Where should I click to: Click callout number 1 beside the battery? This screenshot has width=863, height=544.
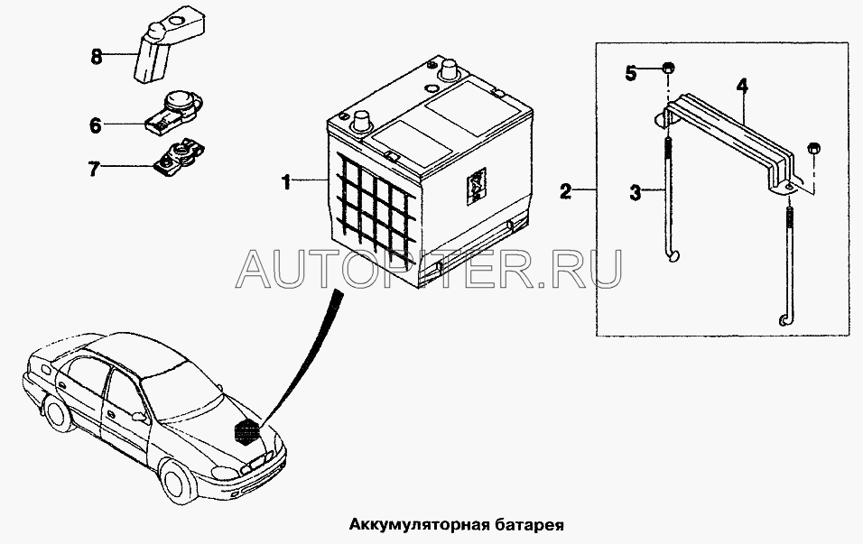click(286, 181)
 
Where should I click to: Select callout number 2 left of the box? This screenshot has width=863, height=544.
click(566, 191)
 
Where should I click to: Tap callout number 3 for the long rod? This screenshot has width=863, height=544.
click(636, 192)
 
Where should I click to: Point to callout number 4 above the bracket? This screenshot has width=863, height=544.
click(742, 86)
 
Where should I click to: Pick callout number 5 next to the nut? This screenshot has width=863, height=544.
click(631, 72)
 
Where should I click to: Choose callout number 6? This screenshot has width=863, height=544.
click(96, 125)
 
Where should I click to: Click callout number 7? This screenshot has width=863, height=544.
click(94, 169)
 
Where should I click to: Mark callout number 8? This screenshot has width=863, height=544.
click(97, 56)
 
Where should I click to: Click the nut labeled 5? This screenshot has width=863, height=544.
click(668, 69)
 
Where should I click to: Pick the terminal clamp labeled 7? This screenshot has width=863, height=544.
click(178, 155)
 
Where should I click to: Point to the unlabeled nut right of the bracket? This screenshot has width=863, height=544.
click(813, 149)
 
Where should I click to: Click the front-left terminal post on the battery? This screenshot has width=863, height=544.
click(361, 121)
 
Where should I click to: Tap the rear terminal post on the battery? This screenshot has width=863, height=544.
click(450, 69)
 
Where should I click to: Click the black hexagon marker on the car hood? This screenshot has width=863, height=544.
click(246, 429)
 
